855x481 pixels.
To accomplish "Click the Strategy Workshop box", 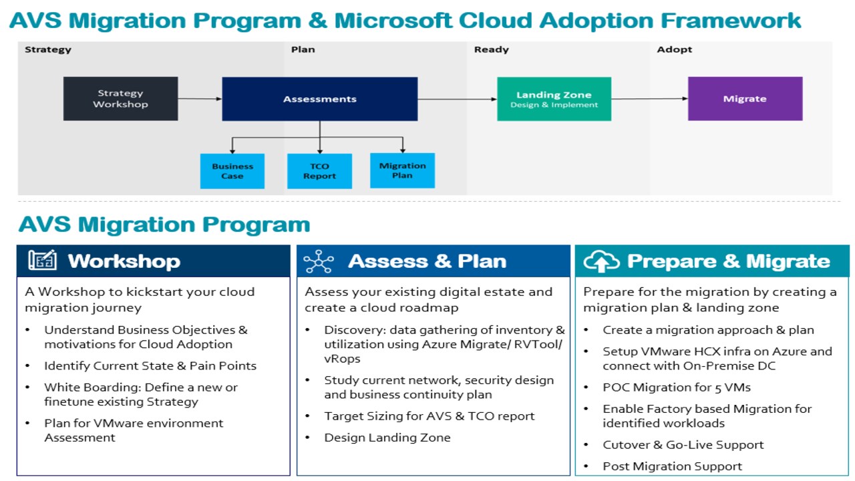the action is point(121,99).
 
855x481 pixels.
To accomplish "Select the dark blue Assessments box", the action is point(320,100).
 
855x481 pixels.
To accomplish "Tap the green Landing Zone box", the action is point(554,100).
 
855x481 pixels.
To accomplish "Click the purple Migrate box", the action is point(745,99).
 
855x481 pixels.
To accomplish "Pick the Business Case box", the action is point(232,171).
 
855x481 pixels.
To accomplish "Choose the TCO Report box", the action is point(319,171).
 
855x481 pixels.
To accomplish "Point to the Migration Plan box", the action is point(402,170).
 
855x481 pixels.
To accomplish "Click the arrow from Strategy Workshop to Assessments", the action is point(200,99).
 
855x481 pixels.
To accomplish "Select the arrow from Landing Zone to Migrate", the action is point(650,99).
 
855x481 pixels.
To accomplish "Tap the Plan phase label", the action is point(303,49).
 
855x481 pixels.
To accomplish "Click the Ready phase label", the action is point(491,49).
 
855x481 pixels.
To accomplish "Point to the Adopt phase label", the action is point(674,49).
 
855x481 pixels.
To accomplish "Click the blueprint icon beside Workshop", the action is point(43,261).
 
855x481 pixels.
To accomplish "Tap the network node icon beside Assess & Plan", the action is point(319,261).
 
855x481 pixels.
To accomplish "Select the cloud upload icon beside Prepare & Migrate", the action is point(601,261).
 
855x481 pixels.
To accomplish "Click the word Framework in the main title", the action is point(731,21).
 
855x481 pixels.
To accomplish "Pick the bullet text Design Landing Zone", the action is point(387,438).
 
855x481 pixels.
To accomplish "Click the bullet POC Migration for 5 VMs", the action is point(677,387).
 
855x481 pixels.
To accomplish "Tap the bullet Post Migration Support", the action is point(673,466).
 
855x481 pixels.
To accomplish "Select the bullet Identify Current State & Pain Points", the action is point(150,365).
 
